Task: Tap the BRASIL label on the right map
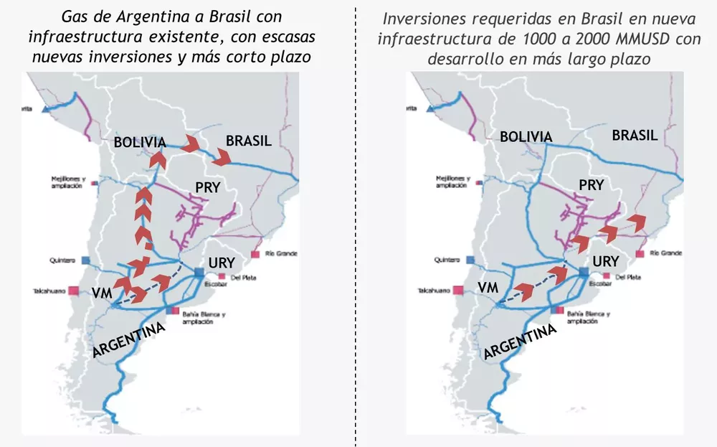pos(635,136)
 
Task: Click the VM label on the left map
pos(101,293)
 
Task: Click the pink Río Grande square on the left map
pos(255,255)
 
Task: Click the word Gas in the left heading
pos(74,17)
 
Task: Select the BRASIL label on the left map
pos(248,141)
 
